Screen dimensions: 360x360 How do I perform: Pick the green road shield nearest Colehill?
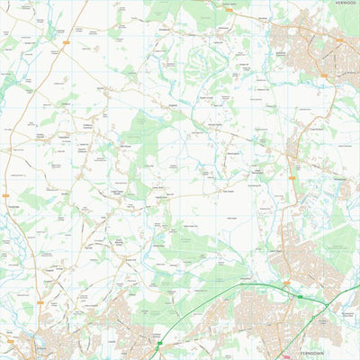160,343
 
